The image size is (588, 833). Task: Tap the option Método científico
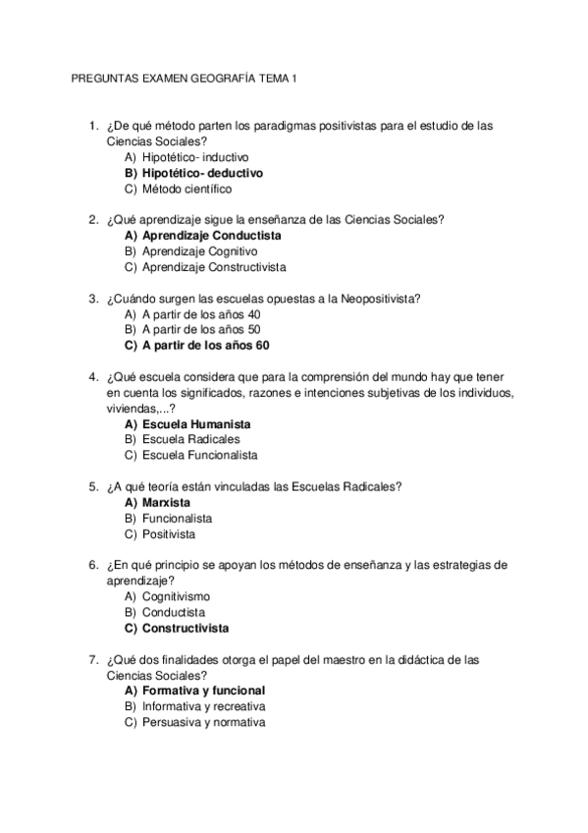click(x=187, y=189)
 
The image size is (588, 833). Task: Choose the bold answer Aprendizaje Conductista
click(x=211, y=236)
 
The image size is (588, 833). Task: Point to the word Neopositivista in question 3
click(x=383, y=299)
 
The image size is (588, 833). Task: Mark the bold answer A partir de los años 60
click(x=205, y=346)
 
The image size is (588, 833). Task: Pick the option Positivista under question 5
click(x=168, y=534)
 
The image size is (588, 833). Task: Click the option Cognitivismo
click(x=176, y=596)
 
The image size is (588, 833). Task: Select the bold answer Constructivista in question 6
click(x=185, y=628)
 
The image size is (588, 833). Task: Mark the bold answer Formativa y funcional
click(x=203, y=691)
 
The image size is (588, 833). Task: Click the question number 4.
click(x=92, y=377)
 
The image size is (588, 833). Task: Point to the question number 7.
click(x=92, y=659)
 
